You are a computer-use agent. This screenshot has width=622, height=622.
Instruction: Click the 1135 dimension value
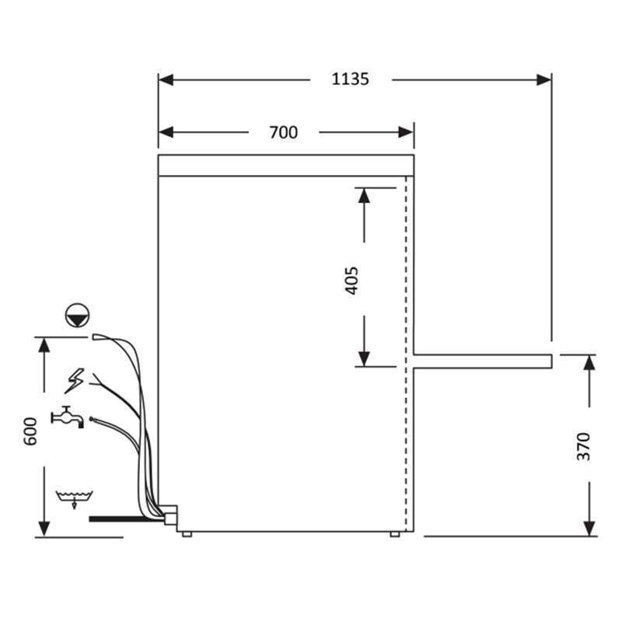click(351, 79)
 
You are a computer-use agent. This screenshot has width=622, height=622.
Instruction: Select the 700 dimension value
click(283, 132)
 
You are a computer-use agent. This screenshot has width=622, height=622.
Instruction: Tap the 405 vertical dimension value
click(351, 281)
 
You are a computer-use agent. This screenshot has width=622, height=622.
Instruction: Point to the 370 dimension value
click(583, 446)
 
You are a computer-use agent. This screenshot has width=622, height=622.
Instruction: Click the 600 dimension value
click(30, 432)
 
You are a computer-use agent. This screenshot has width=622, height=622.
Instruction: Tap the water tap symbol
click(68, 418)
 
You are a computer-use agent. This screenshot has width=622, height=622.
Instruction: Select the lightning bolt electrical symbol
click(75, 381)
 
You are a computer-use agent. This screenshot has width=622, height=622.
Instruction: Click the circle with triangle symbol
click(77, 316)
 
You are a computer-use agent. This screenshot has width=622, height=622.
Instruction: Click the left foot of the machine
click(187, 534)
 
